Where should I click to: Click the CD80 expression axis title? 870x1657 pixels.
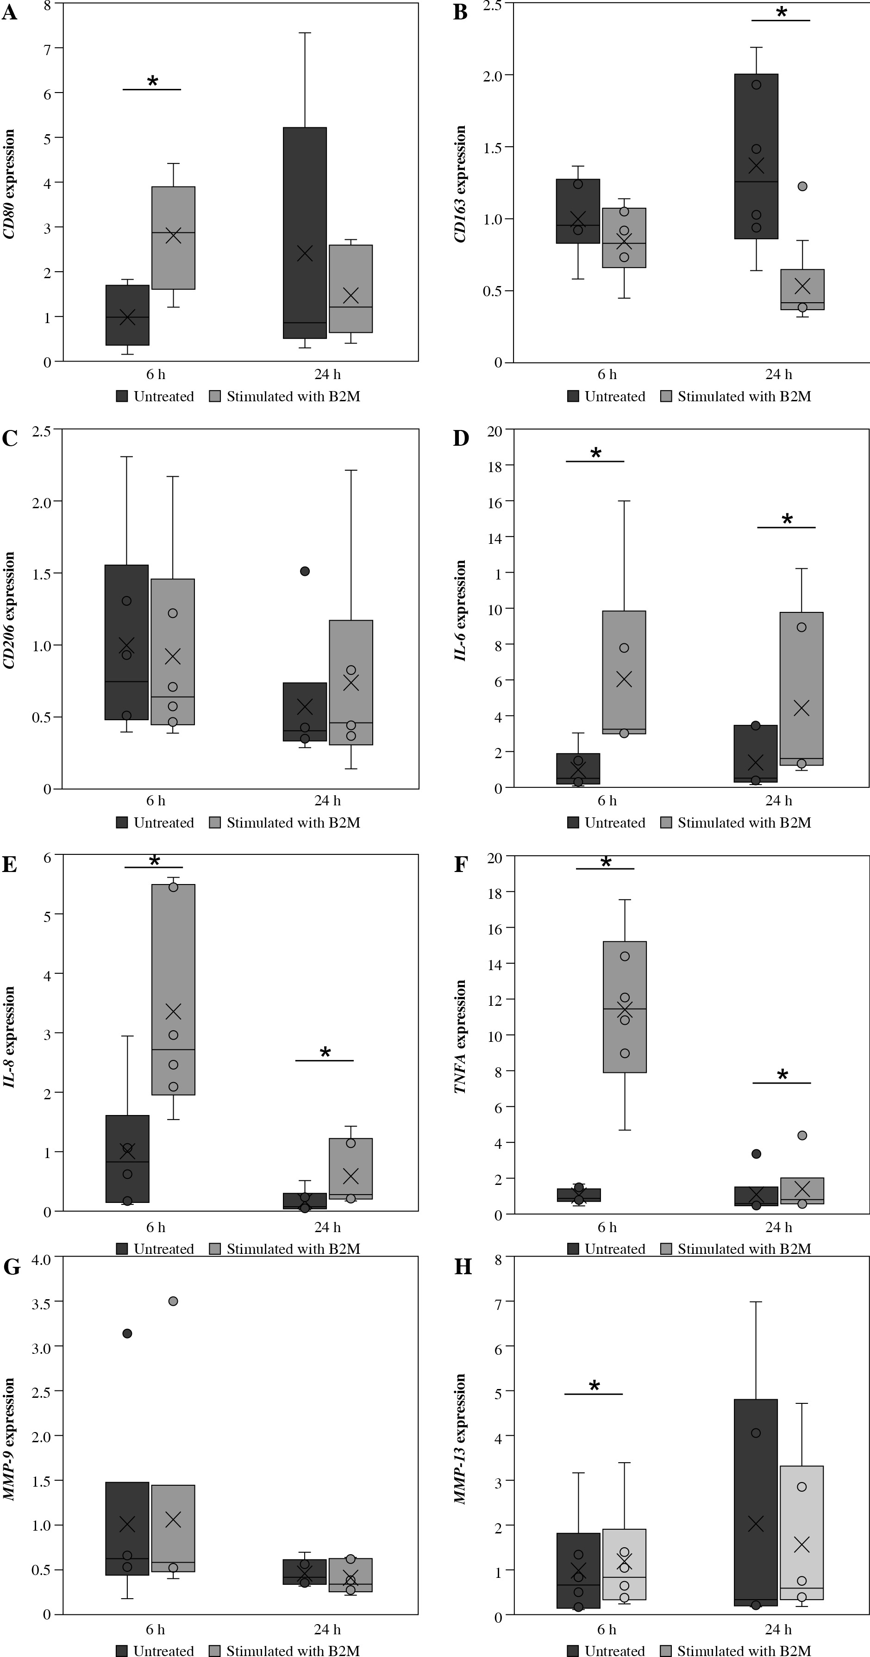(x=9, y=184)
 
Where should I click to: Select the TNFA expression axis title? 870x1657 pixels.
(x=461, y=1036)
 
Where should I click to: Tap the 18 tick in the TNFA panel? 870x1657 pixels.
(x=495, y=892)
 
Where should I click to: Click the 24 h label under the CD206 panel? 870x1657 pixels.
(x=327, y=801)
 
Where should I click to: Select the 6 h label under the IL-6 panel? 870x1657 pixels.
(x=607, y=801)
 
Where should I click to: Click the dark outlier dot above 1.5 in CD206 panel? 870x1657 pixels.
(x=305, y=571)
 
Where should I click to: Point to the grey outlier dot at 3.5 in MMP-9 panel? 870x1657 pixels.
(x=173, y=1301)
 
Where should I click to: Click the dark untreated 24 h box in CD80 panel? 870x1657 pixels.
(x=305, y=233)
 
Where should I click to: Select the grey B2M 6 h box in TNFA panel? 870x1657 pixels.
(x=624, y=1007)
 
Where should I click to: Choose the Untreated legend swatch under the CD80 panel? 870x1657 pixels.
(x=122, y=396)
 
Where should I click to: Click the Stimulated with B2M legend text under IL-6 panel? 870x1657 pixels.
(x=744, y=822)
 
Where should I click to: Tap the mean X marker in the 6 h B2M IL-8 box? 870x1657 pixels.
(x=173, y=1012)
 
